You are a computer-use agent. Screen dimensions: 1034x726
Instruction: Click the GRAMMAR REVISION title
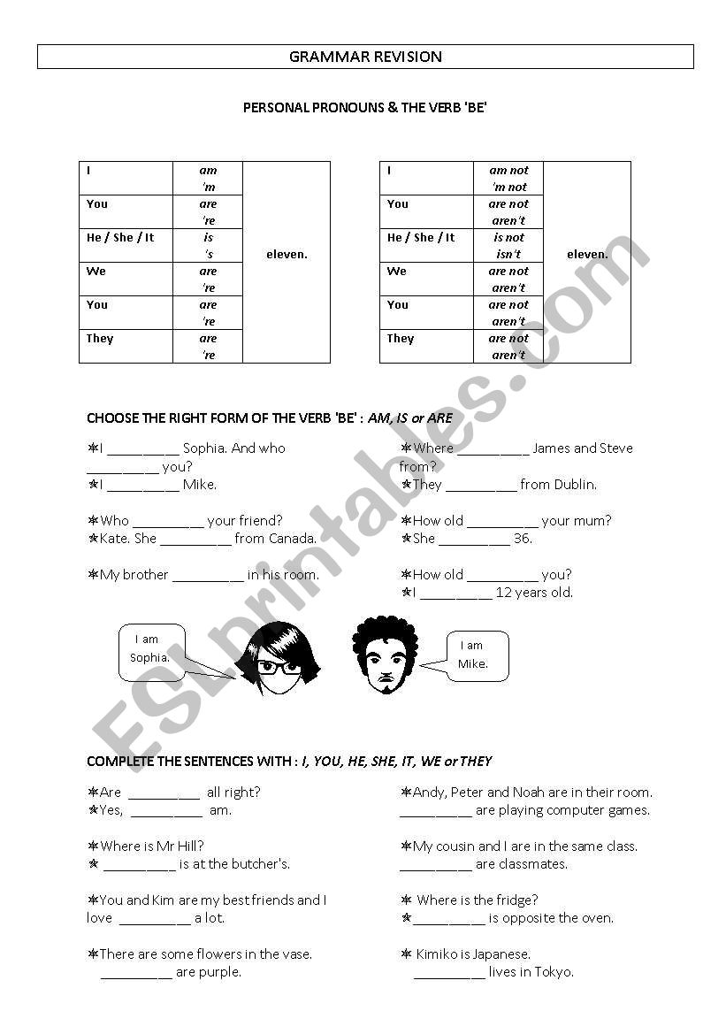point(365,57)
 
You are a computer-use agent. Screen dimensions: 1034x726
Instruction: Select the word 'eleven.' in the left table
point(287,255)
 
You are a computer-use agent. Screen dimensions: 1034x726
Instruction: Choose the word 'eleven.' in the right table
point(587,255)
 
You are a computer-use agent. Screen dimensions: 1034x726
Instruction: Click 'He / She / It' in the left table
point(120,238)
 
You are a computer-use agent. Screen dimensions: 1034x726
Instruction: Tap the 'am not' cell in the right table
point(508,171)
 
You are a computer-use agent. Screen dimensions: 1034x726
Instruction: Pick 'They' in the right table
point(401,339)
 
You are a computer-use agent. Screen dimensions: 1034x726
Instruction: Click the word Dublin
point(575,485)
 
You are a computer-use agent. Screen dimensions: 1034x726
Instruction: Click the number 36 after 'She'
point(522,539)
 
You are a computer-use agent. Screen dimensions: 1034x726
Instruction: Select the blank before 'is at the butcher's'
point(140,865)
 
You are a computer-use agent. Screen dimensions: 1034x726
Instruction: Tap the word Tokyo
point(554,972)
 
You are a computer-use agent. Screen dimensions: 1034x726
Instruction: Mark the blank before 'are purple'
point(136,973)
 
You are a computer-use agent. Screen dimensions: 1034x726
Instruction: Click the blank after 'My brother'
point(208,576)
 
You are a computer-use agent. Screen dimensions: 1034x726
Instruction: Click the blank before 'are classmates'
point(435,865)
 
